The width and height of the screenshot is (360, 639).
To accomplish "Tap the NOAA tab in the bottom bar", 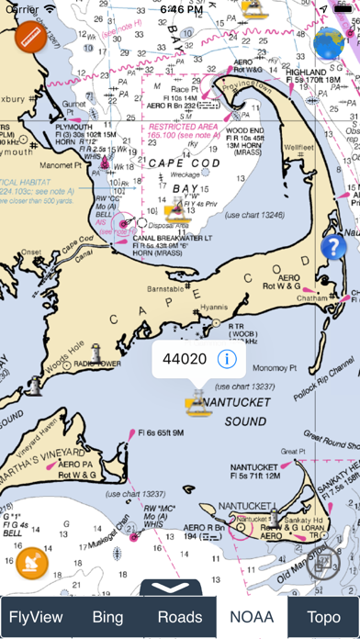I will click(252, 617).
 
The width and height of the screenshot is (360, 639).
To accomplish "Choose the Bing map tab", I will click(107, 617).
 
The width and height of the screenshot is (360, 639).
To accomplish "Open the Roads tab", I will click(179, 617).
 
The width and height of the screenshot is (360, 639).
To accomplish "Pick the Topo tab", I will click(323, 617).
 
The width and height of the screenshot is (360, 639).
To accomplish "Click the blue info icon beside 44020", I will click(224, 358).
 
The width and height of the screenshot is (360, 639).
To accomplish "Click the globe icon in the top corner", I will click(329, 41).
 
